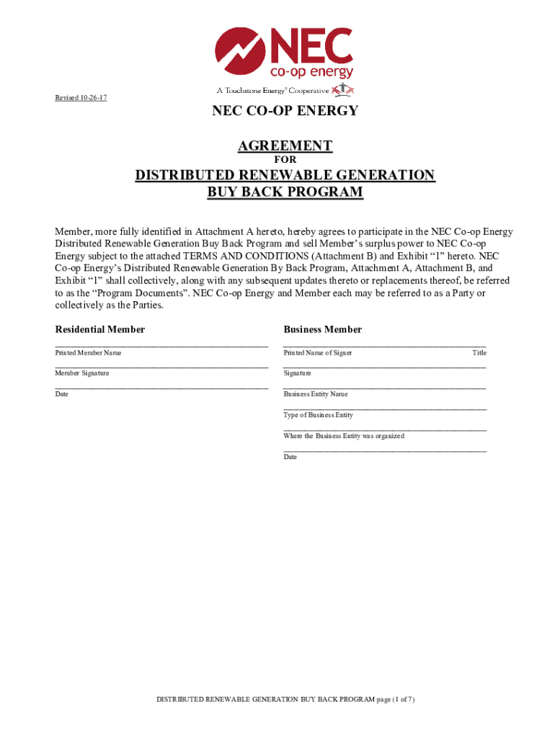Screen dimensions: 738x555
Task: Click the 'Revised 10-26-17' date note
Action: click(81, 98)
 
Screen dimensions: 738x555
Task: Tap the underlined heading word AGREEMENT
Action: click(285, 146)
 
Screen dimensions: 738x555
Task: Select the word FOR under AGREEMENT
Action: click(285, 160)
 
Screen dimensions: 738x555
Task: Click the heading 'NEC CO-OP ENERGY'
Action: click(285, 111)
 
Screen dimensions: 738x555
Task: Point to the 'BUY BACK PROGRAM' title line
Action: click(285, 192)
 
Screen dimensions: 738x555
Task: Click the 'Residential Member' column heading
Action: click(100, 329)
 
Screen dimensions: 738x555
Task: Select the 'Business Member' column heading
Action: click(323, 329)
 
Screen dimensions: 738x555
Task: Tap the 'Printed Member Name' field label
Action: click(89, 353)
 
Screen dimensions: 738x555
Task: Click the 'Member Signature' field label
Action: click(82, 373)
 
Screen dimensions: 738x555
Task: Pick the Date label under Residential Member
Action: click(62, 394)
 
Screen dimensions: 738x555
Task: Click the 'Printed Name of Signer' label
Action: click(318, 353)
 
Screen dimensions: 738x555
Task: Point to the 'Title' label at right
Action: click(479, 353)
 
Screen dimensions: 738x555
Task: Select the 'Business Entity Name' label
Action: click(316, 394)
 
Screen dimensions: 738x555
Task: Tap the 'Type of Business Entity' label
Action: click(319, 415)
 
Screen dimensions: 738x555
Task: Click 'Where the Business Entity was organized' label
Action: click(344, 436)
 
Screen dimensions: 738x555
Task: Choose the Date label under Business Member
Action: click(290, 457)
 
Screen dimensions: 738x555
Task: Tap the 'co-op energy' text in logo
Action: click(311, 72)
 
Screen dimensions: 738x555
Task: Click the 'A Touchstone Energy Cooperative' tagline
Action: click(274, 91)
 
